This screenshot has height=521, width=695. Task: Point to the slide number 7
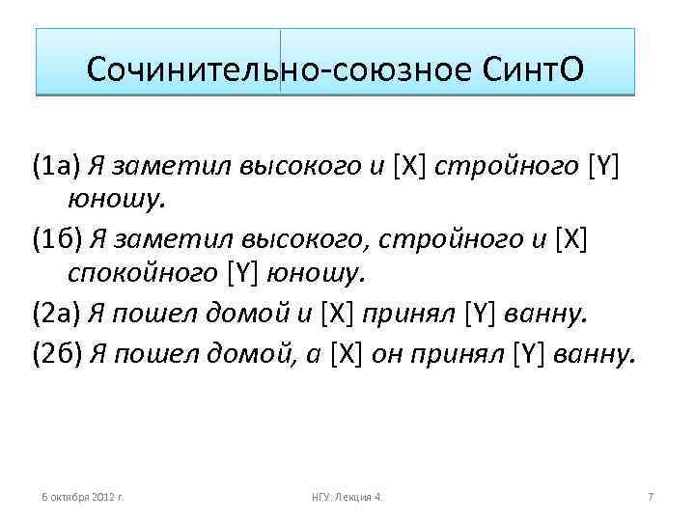click(x=651, y=496)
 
